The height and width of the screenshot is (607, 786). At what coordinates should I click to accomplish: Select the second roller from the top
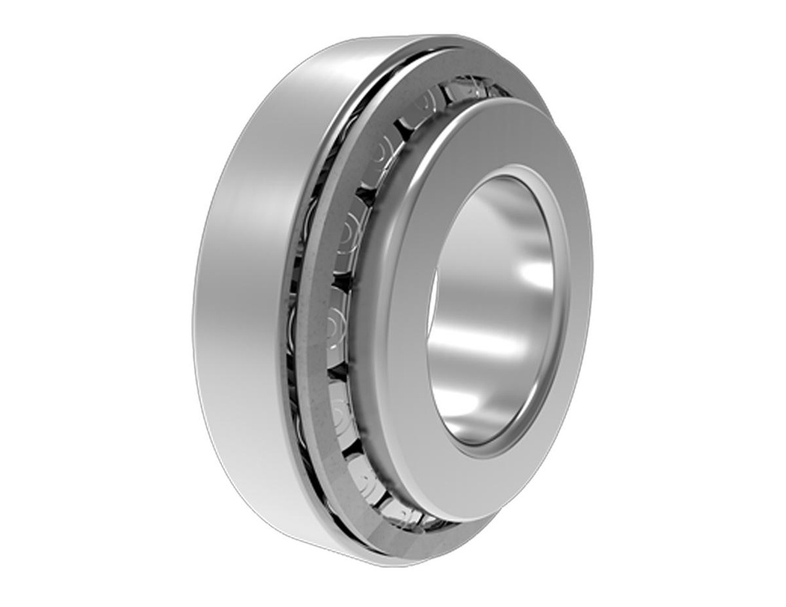pos(424,108)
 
